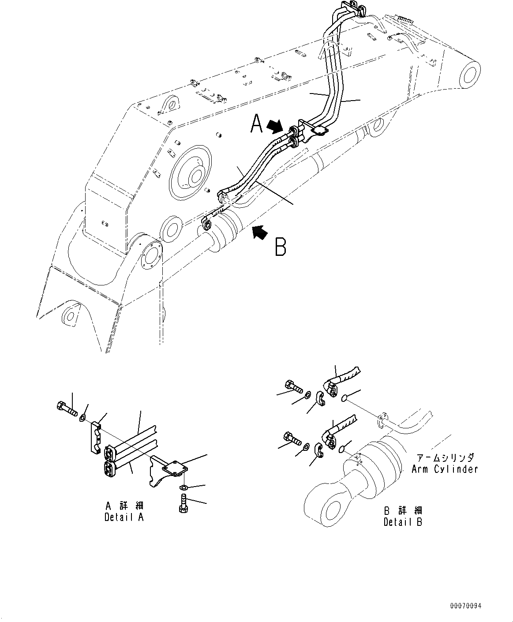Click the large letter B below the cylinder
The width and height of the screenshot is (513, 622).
coord(281,247)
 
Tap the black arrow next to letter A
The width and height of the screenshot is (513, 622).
coord(276,127)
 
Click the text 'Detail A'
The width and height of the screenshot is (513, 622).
coord(124,517)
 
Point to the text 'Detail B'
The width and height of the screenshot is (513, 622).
coord(402,522)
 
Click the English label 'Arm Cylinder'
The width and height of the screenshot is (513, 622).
coord(445,469)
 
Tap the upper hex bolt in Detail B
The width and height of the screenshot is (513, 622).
coord(293,387)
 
